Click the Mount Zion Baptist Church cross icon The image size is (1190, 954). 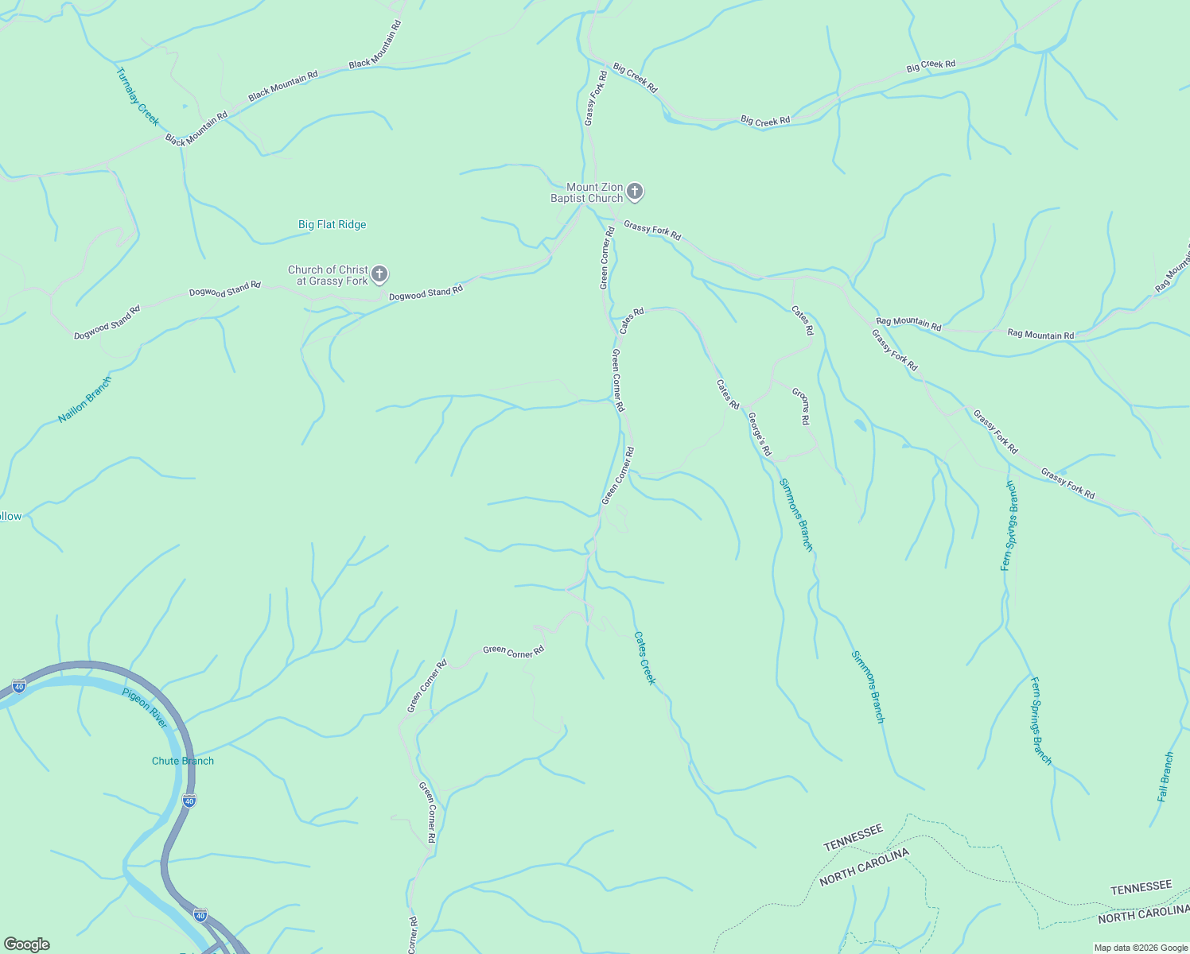[634, 191]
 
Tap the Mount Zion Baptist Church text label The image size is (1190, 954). [587, 192]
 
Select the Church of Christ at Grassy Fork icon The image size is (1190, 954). [380, 275]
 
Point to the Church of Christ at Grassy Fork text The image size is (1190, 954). [328, 275]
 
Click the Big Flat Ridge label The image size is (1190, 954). [332, 225]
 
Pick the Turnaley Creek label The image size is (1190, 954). [138, 97]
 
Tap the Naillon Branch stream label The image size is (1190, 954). [85, 400]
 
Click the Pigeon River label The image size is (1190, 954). [145, 708]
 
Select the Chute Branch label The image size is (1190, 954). [183, 761]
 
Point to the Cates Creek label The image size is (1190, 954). [645, 658]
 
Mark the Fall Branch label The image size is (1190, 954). [1165, 777]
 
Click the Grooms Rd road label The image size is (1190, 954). [801, 406]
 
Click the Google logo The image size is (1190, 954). [26, 944]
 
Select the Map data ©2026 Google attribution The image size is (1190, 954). [1140, 948]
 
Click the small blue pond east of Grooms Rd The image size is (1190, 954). [860, 425]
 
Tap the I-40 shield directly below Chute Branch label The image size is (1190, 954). [189, 801]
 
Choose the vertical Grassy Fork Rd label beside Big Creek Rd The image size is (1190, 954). [595, 99]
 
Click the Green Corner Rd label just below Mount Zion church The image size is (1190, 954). [607, 258]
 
